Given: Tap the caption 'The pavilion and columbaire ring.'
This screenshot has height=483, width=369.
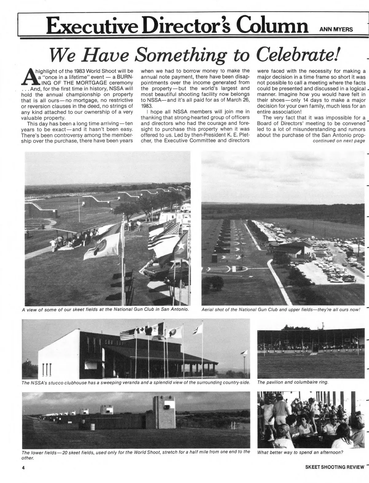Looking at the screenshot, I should (x=293, y=382).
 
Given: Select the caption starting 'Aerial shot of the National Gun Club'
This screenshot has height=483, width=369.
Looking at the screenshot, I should (x=280, y=309).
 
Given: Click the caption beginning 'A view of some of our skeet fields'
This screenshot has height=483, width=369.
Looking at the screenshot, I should (x=105, y=309).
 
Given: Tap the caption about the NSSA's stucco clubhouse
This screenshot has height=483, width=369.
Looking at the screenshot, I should (x=136, y=382).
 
